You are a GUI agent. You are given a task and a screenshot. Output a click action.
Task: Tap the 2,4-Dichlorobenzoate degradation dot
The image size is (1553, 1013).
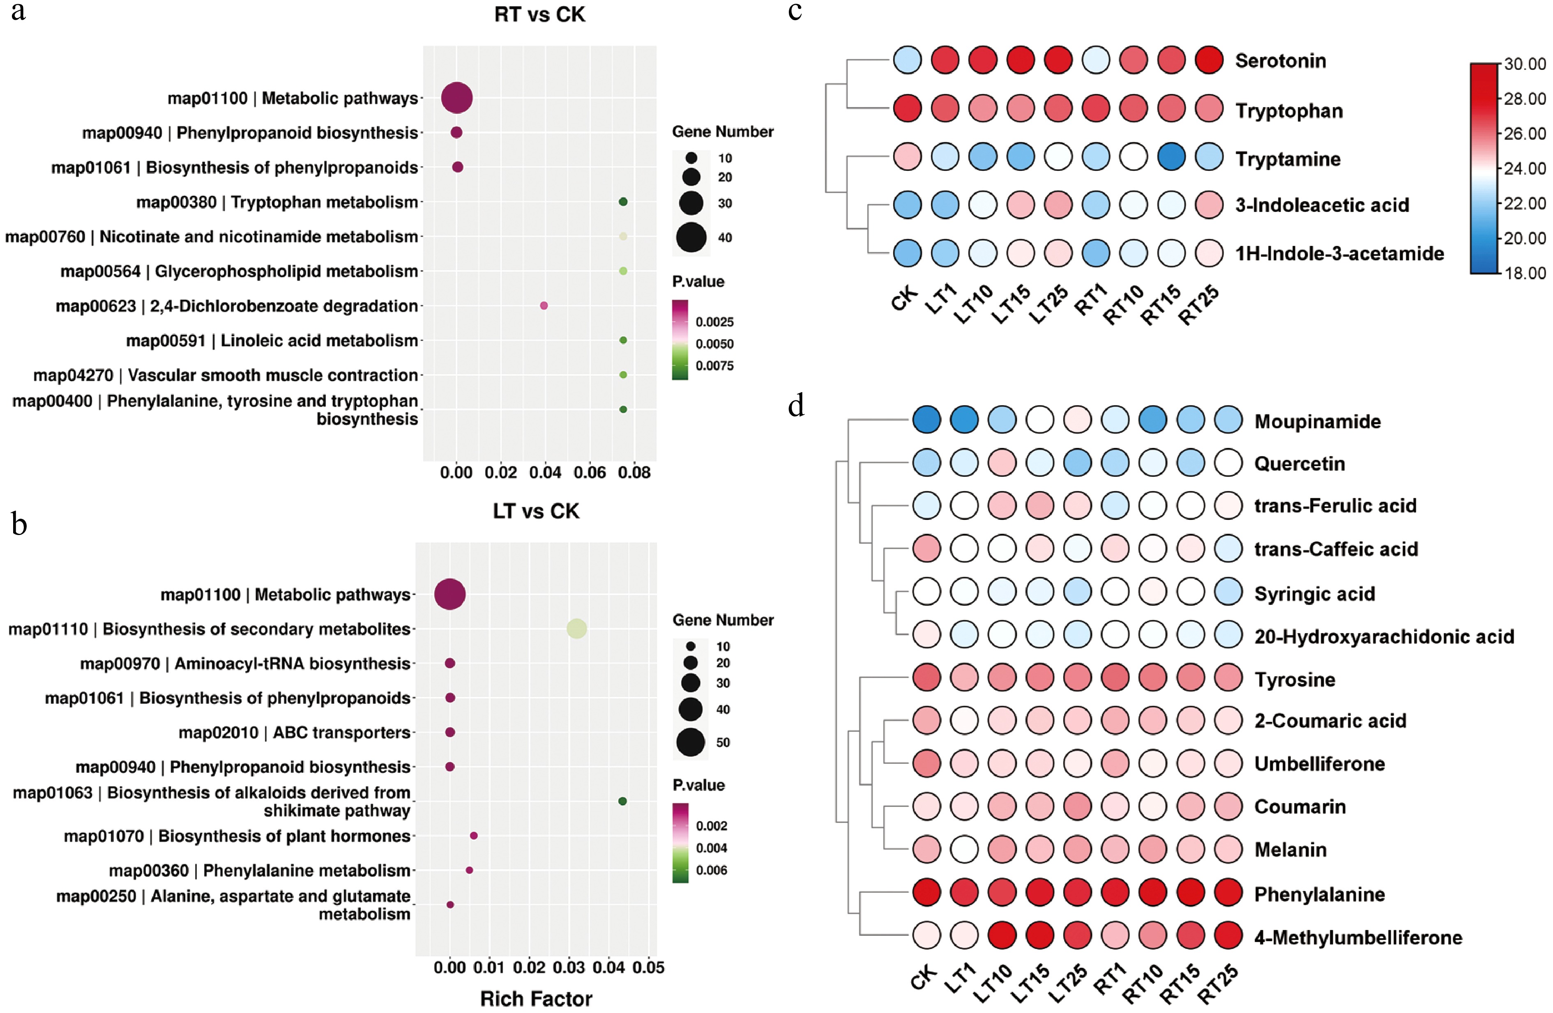coord(544,305)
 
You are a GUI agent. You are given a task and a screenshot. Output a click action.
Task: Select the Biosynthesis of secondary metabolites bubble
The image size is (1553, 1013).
coord(576,629)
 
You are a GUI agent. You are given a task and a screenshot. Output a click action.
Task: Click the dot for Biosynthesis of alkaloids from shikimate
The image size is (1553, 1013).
coord(622,801)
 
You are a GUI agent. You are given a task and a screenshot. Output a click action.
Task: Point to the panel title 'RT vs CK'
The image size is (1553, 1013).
coord(539,14)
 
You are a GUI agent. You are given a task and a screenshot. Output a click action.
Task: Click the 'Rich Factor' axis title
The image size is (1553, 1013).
coord(536,998)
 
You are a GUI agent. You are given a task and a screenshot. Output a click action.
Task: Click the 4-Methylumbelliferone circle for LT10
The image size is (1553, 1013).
coord(1002,936)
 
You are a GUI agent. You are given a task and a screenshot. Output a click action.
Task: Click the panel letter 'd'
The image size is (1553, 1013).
coord(796,406)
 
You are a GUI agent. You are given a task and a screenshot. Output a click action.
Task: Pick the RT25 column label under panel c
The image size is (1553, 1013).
coord(1199,305)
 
